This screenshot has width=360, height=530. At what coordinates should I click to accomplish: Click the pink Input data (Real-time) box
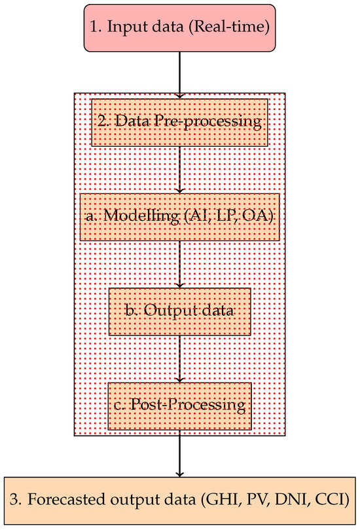179,28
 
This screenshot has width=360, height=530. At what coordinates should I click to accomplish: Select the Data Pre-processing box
179,122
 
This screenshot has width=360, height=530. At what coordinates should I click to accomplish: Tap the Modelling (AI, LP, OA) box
179,217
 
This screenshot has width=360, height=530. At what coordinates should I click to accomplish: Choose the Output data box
179,310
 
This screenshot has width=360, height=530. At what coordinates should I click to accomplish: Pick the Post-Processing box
179,405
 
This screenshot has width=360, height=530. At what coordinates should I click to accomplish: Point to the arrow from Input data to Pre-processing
179,72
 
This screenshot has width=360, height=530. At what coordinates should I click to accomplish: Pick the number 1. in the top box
95,28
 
